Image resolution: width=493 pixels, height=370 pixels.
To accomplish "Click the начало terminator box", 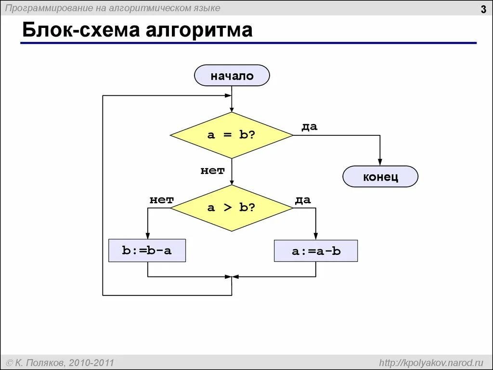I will point(232,76).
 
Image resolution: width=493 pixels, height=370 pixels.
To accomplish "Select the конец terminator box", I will point(380,177).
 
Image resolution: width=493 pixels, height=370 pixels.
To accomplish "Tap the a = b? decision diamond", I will point(232,135).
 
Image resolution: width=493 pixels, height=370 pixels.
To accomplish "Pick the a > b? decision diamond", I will point(232,208).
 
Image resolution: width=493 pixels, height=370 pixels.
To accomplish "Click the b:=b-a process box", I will point(147,251).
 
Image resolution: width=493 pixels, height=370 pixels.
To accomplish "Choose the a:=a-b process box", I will point(316,251).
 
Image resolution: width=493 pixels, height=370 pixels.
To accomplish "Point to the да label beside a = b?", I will point(310,127).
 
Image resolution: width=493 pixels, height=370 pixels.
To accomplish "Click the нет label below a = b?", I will point(212,170).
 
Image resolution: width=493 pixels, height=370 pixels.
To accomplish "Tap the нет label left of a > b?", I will point(161,200).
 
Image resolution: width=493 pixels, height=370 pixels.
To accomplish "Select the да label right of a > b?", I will point(303,200).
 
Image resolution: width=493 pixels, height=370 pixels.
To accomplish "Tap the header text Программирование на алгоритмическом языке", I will point(113,8).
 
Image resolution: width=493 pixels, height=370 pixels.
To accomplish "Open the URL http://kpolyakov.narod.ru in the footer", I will point(431,362).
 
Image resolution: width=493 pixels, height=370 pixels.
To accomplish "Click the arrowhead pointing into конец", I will point(380,163).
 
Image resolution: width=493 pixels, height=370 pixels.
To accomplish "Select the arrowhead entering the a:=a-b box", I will point(316,237).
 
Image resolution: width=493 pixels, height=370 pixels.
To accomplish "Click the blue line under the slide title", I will point(248,43).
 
